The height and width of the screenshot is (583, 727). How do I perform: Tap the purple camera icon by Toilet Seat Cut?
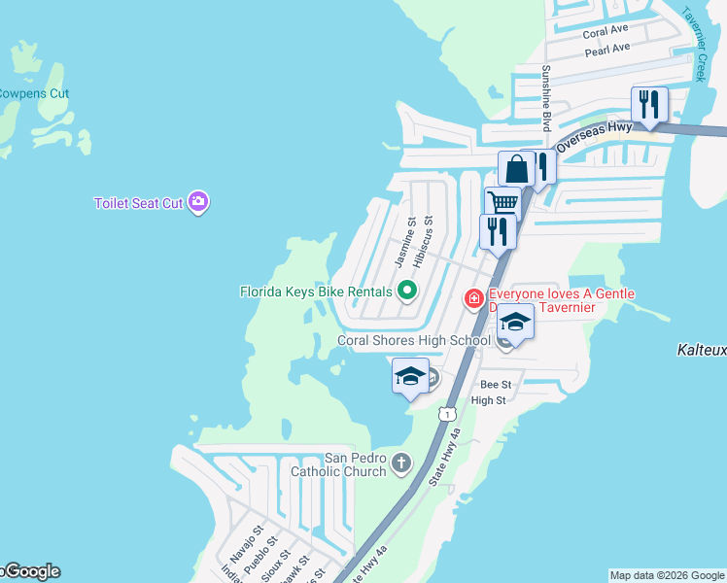coord(199,202)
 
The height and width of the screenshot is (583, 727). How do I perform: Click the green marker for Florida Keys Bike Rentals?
coord(408,290)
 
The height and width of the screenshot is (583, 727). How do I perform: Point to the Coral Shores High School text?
coord(413,340)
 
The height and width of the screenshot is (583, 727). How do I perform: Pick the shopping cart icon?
coord(502,203)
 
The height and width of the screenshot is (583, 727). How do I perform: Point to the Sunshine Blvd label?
coord(546,98)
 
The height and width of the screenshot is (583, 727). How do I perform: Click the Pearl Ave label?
coord(607,48)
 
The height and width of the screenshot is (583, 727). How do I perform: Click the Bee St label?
coord(495,385)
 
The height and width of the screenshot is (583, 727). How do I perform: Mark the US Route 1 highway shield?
coord(446,414)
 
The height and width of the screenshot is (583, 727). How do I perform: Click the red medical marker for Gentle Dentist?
coord(474,298)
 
